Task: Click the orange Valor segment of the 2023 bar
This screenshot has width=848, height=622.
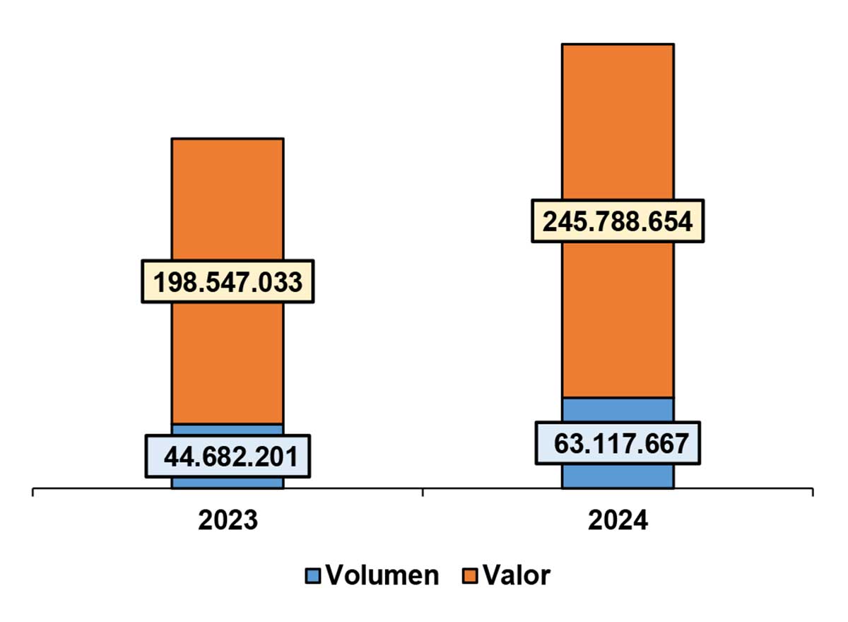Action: (228, 212)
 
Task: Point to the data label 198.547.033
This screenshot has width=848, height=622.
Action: (228, 281)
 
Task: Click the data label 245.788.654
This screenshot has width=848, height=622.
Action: (618, 221)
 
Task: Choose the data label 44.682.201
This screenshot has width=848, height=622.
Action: (228, 457)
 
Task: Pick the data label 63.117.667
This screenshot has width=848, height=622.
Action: (618, 443)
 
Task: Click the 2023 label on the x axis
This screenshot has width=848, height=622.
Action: (228, 520)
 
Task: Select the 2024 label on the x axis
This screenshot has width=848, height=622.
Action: (618, 520)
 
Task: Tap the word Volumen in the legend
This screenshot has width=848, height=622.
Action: (382, 576)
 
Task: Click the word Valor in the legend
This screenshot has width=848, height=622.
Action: (517, 576)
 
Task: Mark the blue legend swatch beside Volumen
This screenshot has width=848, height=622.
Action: (313, 576)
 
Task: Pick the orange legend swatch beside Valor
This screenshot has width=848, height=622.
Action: (470, 576)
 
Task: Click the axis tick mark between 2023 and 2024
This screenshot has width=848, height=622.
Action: (423, 492)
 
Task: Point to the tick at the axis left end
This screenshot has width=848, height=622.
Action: (33, 492)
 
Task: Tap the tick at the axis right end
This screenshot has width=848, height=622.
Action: (813, 492)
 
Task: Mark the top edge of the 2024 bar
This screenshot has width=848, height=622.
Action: (618, 45)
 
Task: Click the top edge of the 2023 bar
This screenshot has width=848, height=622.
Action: (228, 139)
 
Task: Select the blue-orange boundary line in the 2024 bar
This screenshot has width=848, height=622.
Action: (618, 398)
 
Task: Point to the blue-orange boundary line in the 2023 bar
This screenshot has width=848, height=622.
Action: (228, 424)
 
